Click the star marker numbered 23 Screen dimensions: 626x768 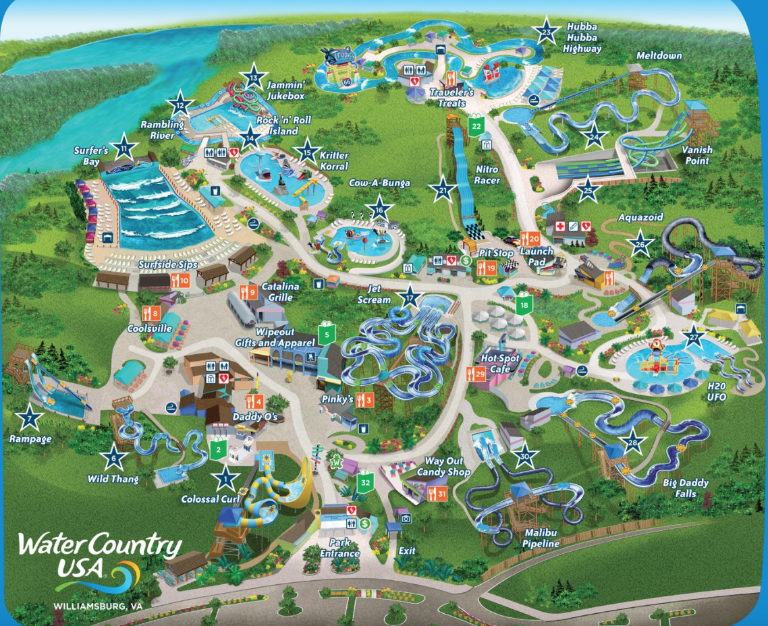(x=546, y=30)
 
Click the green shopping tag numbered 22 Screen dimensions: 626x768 (x=477, y=125)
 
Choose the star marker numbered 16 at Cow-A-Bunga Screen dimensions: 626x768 (x=380, y=210)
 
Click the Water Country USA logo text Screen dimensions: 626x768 (x=100, y=554)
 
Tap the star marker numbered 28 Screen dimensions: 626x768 (x=633, y=441)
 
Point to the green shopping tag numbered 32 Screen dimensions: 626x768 (x=365, y=482)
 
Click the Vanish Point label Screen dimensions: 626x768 (x=697, y=155)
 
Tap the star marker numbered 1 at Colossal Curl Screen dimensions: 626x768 (x=225, y=478)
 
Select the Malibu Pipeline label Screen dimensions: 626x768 (x=542, y=538)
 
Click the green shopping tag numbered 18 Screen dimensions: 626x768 (x=524, y=305)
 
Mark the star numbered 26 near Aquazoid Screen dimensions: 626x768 (x=640, y=244)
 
